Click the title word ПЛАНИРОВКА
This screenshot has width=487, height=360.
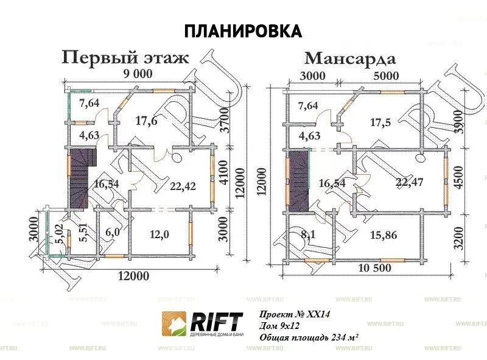tap(242, 30)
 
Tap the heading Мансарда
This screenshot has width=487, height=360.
tap(350, 58)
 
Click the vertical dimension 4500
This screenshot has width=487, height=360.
tap(464, 177)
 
